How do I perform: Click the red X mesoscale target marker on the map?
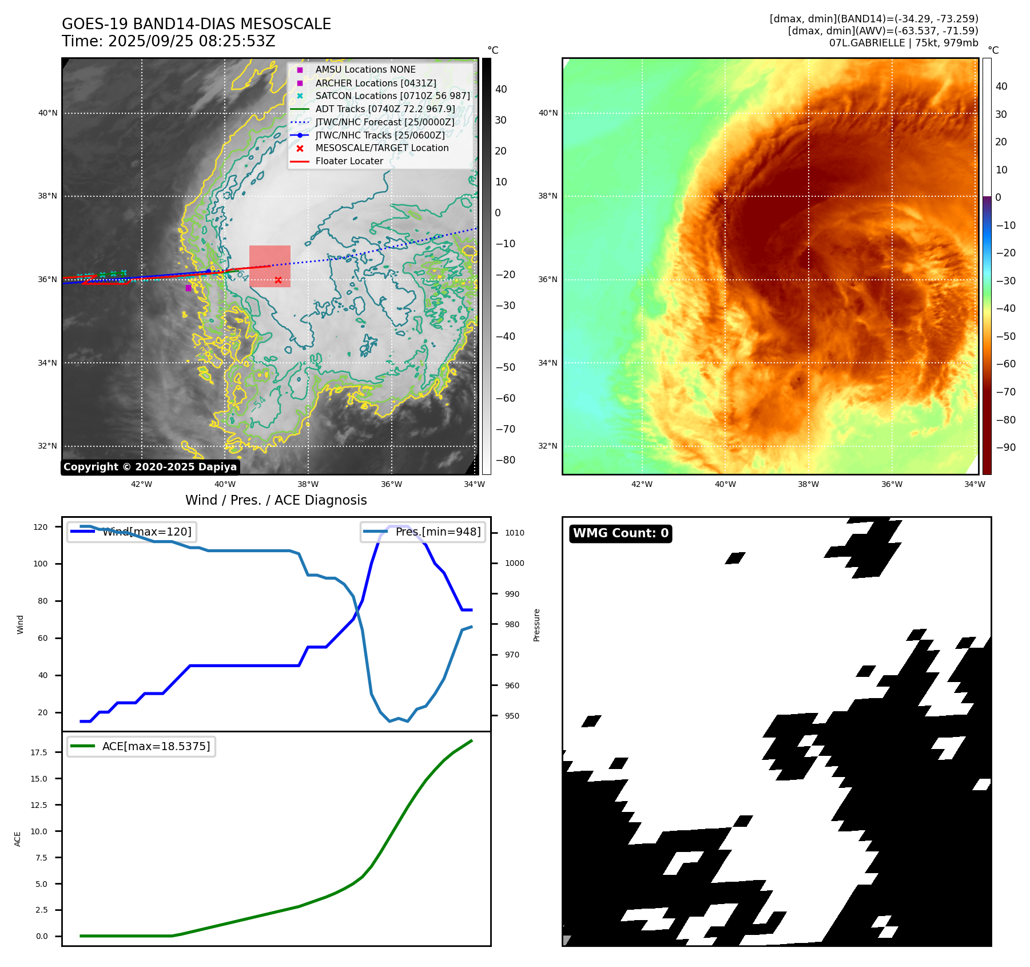[278, 280]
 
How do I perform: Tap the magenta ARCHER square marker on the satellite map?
[188, 288]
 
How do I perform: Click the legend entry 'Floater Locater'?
[349, 161]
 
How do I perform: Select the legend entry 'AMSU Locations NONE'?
[365, 70]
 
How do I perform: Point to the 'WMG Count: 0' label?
[621, 533]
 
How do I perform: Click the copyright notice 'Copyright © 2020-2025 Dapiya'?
[150, 467]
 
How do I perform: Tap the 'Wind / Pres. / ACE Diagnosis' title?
[276, 500]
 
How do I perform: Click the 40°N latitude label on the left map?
[48, 113]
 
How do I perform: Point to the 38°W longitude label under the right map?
[808, 484]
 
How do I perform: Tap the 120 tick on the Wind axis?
[41, 527]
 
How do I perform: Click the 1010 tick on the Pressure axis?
[514, 533]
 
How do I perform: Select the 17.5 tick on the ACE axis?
[39, 752]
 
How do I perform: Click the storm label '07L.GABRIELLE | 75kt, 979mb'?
[904, 43]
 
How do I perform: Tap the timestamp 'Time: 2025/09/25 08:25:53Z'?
[169, 41]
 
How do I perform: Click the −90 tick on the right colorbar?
[1005, 447]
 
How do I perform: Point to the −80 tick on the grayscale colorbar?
[505, 460]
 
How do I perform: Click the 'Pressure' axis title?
[536, 625]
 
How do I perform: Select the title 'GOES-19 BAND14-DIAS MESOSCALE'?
[196, 24]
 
